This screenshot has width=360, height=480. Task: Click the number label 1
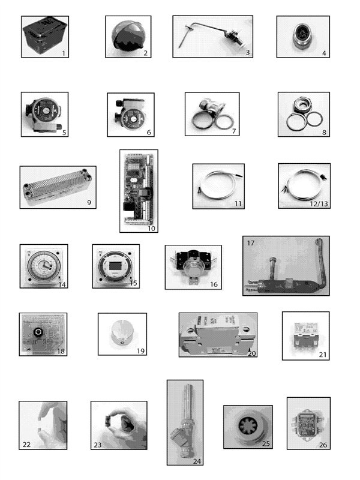[63, 53]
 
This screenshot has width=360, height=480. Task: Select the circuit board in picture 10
[139, 188]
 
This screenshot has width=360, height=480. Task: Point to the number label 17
[251, 244]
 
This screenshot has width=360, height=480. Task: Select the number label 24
[196, 461]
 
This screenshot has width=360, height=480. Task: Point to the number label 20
[252, 353]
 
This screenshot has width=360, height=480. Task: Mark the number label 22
[26, 445]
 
